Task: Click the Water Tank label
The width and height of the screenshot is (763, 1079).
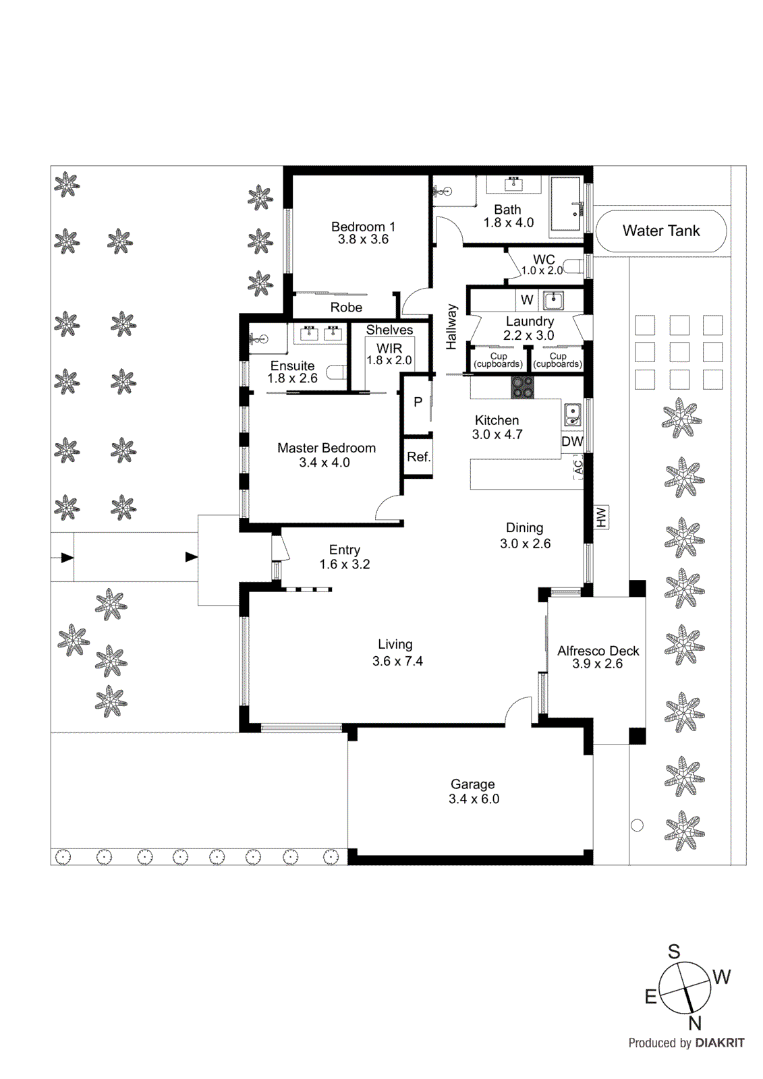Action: (660, 231)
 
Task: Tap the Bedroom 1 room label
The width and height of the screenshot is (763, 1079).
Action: (363, 227)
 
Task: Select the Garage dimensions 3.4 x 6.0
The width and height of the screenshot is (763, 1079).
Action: (474, 799)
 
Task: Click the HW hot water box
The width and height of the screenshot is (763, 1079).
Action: (601, 517)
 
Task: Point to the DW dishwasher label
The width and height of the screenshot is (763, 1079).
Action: (572, 442)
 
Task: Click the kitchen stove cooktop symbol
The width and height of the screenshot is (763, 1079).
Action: (521, 387)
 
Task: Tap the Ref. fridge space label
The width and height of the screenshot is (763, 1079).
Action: (418, 457)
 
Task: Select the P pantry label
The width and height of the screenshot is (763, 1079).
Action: (418, 402)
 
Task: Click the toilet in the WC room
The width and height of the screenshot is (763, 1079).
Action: (573, 266)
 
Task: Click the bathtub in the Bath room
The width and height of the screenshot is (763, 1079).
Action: (565, 204)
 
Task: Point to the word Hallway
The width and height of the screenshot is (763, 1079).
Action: (451, 327)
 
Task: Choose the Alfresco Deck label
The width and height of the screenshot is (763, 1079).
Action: (598, 651)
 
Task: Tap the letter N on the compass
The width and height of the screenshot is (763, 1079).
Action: (695, 1024)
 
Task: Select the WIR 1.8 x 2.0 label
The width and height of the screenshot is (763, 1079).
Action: (389, 355)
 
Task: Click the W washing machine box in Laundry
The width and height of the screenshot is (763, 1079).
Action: (527, 300)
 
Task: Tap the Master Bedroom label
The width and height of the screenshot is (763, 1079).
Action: (327, 448)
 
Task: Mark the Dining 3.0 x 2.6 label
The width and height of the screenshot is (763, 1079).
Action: (525, 536)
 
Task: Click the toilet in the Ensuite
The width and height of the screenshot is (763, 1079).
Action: (337, 372)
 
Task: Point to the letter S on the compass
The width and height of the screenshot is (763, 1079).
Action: (673, 952)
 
